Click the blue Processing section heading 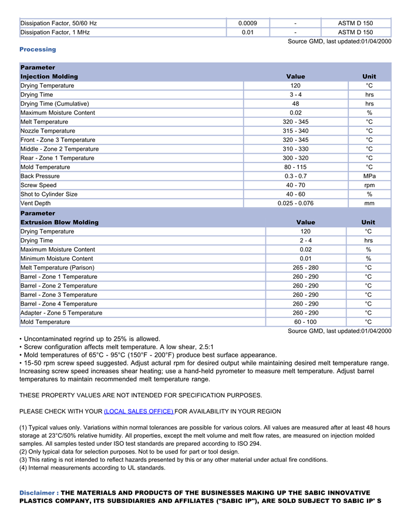(x=38, y=49)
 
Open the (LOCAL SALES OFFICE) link (x=139, y=411)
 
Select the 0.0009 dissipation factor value (x=248, y=23)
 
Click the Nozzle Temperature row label (x=48, y=131)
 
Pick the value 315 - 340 (x=295, y=131)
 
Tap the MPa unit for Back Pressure (x=369, y=176)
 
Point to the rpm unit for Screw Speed (x=369, y=185)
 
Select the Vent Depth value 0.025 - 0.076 (x=295, y=204)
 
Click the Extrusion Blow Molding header (x=59, y=222)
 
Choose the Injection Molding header (x=49, y=77)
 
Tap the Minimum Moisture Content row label (x=56, y=259)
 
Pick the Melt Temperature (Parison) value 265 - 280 (x=305, y=268)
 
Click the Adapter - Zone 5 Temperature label (x=61, y=313)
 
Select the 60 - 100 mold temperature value (x=305, y=322)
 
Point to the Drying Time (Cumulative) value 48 (x=295, y=104)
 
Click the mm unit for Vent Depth (x=369, y=204)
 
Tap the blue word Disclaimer (x=38, y=493)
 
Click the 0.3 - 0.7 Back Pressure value (x=295, y=176)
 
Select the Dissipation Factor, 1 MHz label (x=55, y=32)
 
